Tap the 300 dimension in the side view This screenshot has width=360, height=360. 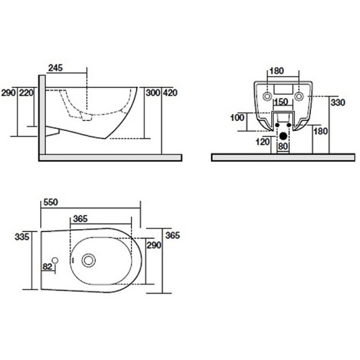[153, 92]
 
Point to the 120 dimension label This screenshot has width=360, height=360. [263, 142]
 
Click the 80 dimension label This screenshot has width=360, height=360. [283, 146]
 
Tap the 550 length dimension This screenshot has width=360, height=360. [52, 202]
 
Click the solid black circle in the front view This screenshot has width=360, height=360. [284, 135]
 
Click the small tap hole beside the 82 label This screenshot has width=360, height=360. [56, 261]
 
